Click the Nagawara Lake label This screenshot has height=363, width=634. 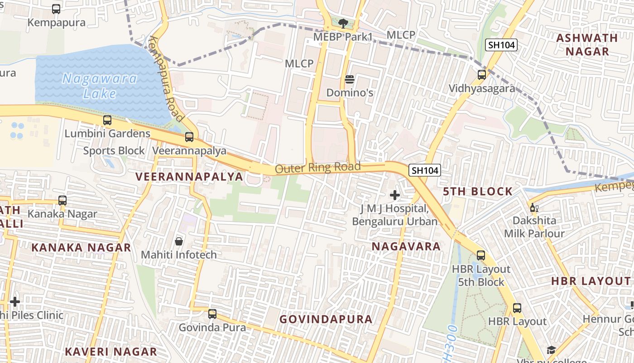click(100, 86)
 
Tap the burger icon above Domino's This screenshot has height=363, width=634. click(349, 79)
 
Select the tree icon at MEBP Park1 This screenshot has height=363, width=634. click(343, 23)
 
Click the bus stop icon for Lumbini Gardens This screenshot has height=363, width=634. click(107, 120)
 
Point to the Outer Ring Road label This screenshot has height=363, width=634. click(318, 167)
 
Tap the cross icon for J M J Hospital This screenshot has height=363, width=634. click(395, 195)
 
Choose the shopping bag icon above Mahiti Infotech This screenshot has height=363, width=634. click(179, 241)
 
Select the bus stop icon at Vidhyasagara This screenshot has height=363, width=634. click(482, 75)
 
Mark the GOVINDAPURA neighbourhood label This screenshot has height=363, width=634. click(326, 319)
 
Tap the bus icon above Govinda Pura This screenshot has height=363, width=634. click(212, 314)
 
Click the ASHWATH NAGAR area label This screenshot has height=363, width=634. click(587, 44)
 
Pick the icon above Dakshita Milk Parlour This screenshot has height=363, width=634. click(534, 208)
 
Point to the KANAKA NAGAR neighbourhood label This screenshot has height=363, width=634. click(81, 248)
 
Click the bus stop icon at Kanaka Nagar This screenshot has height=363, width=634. click(62, 200)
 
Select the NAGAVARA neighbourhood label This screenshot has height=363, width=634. click(406, 246)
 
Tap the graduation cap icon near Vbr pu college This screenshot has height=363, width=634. click(551, 350)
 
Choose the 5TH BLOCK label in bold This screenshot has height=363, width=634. click(478, 191)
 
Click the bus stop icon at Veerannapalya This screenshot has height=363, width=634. click(189, 137)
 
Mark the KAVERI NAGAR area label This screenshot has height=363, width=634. click(111, 352)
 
